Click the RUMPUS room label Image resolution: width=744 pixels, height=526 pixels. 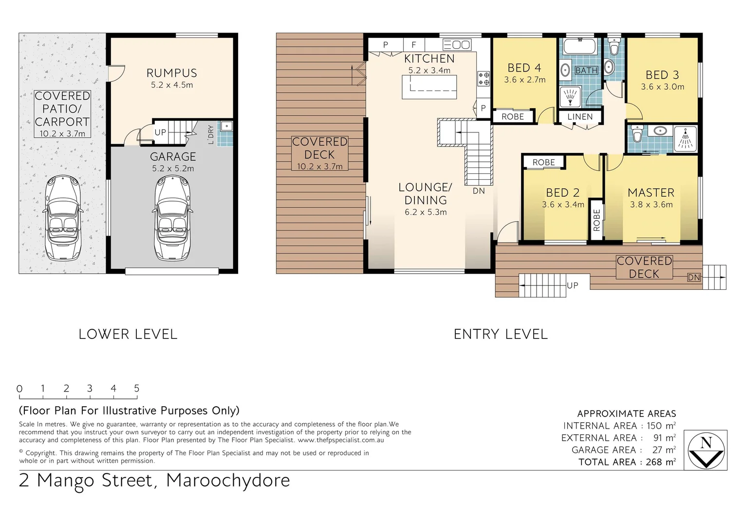tap(171, 73)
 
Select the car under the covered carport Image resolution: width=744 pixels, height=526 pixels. tap(63, 218)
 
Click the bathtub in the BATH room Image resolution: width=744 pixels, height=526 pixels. tap(579, 47)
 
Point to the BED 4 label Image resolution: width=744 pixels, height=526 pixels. tap(524, 68)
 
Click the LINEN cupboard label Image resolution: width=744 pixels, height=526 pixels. tap(580, 117)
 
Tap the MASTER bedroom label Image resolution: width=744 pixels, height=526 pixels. tap(651, 193)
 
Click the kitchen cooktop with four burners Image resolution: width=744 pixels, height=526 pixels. tap(484, 78)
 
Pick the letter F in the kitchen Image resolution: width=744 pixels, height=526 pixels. tap(413, 45)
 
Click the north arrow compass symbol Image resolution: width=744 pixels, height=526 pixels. tap(706, 450)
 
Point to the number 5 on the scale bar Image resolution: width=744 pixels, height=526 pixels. tap(137, 388)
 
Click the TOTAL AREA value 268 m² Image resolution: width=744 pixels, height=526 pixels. tap(660, 462)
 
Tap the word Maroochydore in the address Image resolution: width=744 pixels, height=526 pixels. tap(228, 480)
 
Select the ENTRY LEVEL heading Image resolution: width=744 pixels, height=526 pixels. tap(501, 334)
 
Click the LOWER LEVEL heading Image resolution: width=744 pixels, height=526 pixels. tap(128, 334)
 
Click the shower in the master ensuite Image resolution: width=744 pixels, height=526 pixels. tap(686, 138)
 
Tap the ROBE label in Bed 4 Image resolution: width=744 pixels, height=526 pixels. tap(513, 117)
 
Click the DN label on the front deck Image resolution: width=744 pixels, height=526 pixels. tap(693, 278)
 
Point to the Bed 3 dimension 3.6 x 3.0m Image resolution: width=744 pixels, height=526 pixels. tap(662, 87)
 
